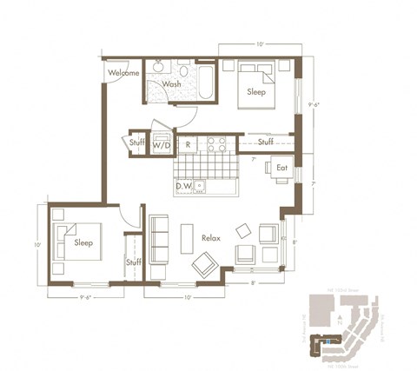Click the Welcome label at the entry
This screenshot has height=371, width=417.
123,73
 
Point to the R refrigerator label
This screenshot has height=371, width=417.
189,144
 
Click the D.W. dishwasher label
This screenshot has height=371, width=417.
183,186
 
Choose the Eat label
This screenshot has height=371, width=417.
281,167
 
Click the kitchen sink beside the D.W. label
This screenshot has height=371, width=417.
201,185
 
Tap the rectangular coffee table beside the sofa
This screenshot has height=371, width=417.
187,238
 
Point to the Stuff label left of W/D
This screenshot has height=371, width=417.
136,142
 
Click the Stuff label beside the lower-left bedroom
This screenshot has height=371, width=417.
133,262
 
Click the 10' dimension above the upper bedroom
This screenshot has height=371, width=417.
260,43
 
